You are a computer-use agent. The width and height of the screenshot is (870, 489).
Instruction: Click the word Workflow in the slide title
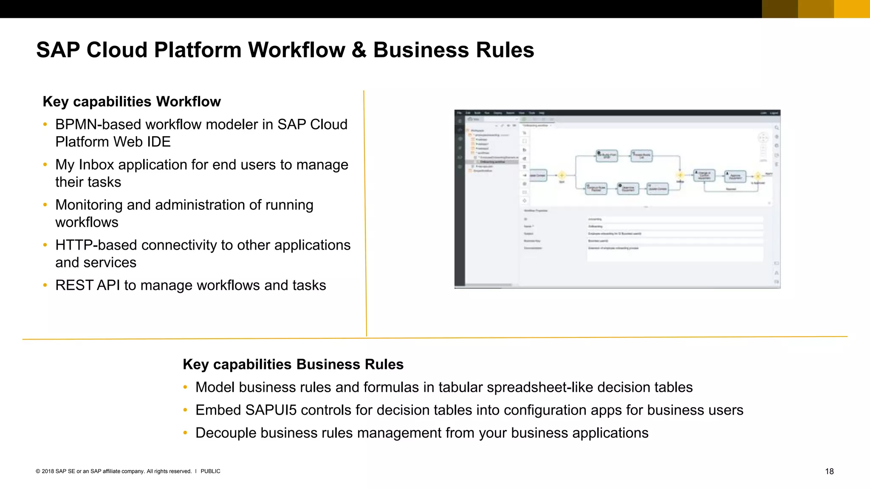(297, 50)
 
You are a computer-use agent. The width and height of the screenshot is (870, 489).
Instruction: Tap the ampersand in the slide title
(359, 50)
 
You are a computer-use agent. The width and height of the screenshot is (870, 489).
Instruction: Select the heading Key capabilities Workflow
(132, 102)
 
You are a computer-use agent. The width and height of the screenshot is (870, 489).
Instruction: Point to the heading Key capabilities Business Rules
(293, 364)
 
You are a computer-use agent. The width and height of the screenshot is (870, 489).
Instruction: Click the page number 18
(829, 471)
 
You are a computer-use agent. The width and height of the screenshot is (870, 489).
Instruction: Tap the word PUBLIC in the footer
(210, 471)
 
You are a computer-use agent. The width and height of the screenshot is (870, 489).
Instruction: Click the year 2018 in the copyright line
(48, 471)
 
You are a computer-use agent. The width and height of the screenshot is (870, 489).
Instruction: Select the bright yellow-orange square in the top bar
(852, 9)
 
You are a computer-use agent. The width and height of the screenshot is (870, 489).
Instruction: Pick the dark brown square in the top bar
(780, 9)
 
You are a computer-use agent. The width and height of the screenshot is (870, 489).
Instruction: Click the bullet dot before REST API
(45, 285)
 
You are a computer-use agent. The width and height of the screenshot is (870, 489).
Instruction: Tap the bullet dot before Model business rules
(185, 387)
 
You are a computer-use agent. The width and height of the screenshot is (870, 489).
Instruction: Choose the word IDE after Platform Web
(159, 142)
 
